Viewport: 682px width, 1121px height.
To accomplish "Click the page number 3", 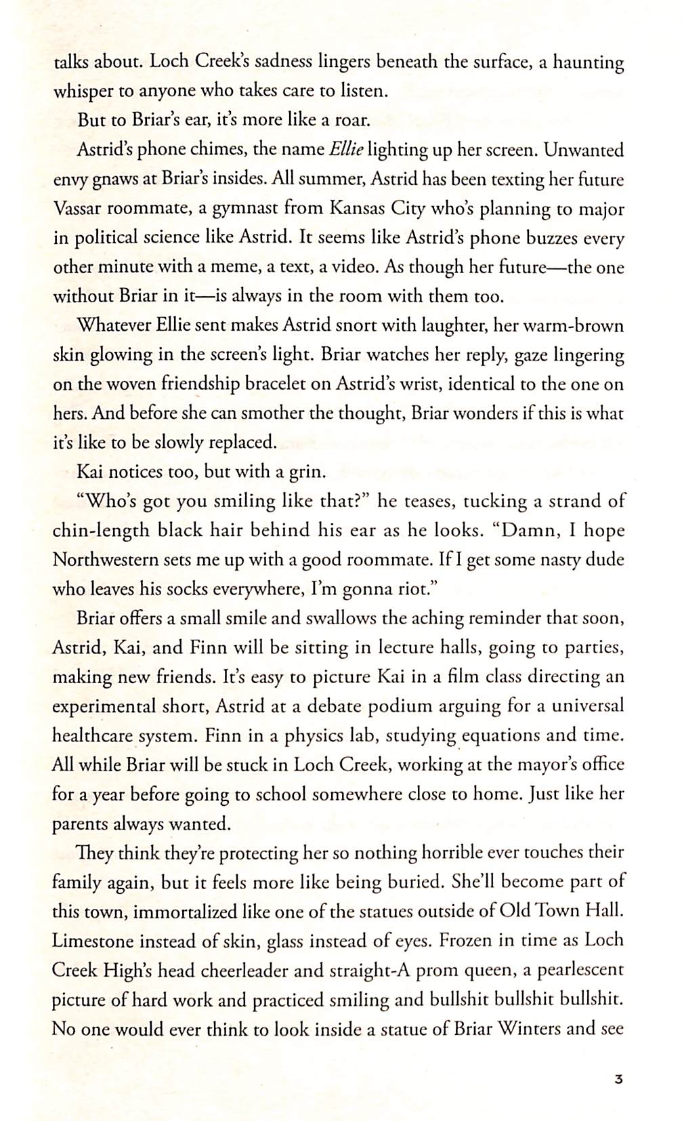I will [x=618, y=1078].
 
